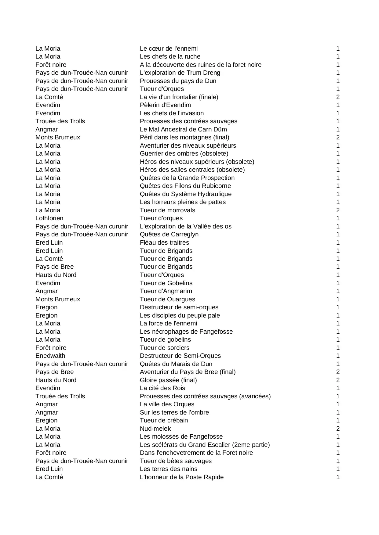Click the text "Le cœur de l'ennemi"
point(169,48)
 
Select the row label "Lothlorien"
point(49,218)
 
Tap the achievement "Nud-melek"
point(155,429)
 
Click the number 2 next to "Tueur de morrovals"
point(338,210)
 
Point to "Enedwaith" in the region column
point(50,356)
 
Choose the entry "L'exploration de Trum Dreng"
point(180,73)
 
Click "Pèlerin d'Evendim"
point(165,105)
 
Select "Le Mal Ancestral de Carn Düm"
point(183,129)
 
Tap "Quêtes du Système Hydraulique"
point(186,194)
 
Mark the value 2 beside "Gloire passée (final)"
point(338,380)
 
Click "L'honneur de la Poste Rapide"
point(182,477)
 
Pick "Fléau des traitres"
point(164,242)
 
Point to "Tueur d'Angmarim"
point(166,291)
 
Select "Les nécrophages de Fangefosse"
point(186,332)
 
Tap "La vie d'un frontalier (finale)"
point(179,97)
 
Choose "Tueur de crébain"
point(164,420)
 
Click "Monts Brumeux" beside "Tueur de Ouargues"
point(58,299)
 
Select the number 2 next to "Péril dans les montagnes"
point(338,137)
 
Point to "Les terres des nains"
point(169,469)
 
